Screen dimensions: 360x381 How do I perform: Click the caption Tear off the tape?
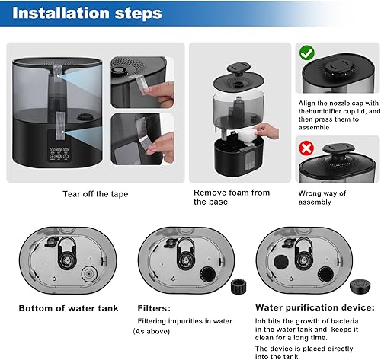[95, 194]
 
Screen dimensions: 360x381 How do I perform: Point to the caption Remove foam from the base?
[231, 197]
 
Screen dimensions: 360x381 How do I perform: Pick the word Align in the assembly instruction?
[306, 102]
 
